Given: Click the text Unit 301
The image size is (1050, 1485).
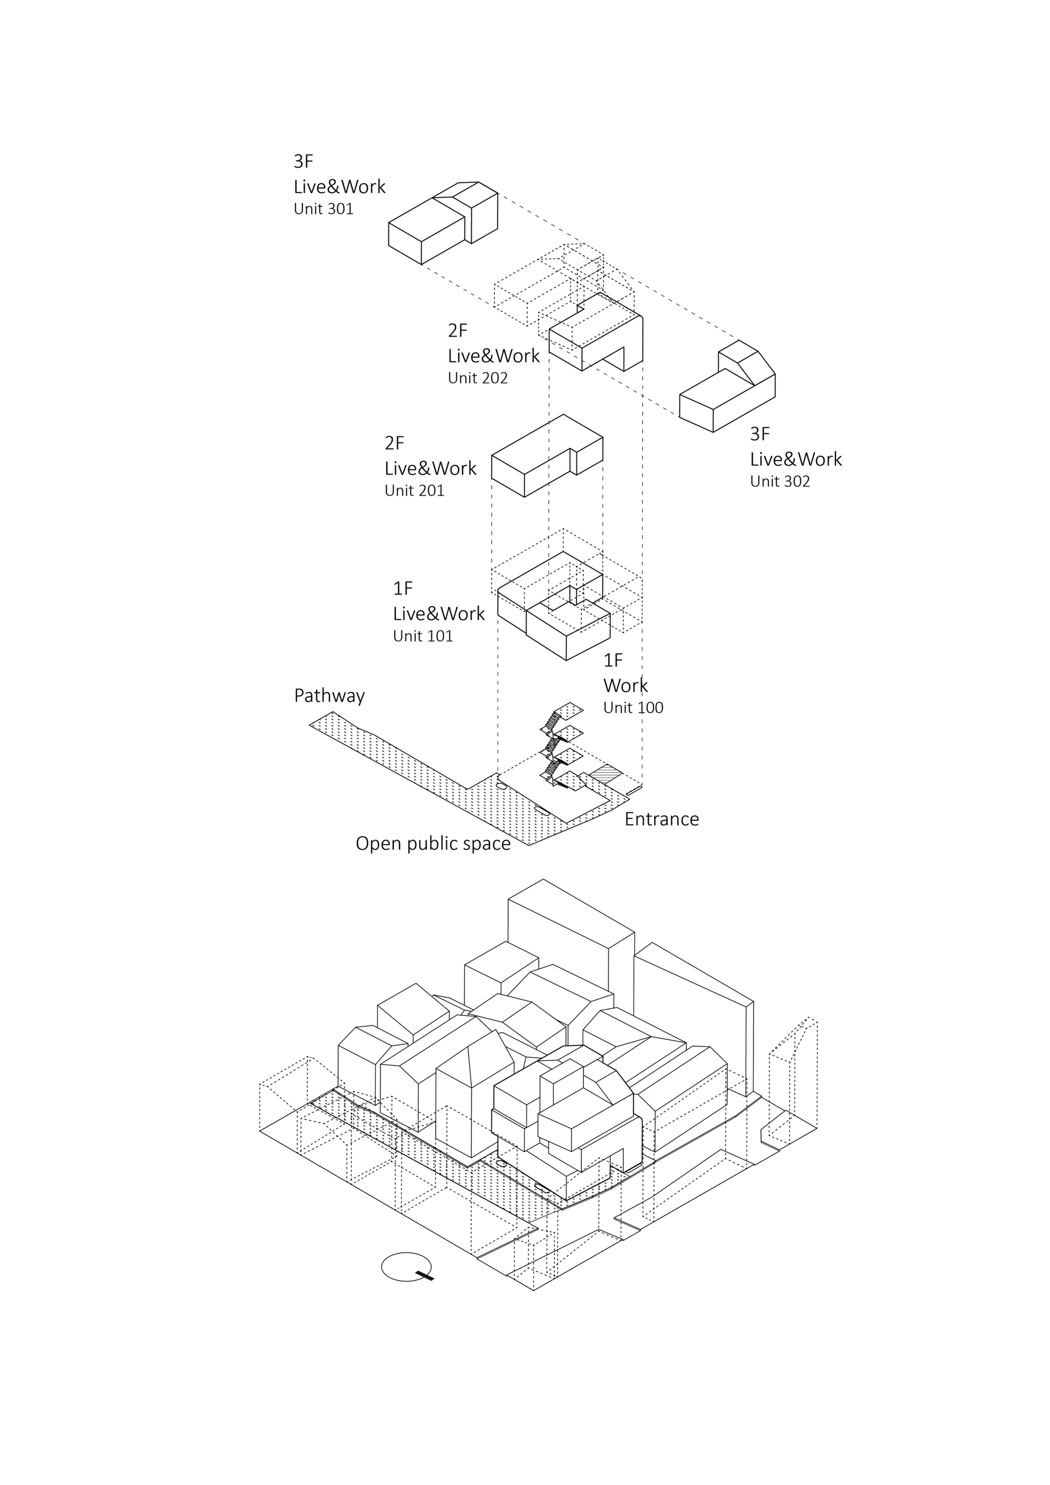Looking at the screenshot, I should coord(323,209).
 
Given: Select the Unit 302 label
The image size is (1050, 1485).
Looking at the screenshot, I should coord(780,481).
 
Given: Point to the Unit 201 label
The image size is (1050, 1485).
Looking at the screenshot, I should coord(414,491).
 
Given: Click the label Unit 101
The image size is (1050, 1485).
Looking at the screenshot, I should coord(423,636).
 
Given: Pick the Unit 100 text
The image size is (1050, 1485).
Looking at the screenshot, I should coord(633,707).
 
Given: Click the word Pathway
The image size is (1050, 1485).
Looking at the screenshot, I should coord(329,696).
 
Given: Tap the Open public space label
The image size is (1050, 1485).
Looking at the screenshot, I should coord(433,844).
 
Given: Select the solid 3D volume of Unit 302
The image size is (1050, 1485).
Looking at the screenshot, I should coord(727,394).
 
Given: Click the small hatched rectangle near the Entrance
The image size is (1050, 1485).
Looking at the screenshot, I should coord(604,773).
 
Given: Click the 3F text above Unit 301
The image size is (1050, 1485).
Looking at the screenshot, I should coord(303,161).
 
